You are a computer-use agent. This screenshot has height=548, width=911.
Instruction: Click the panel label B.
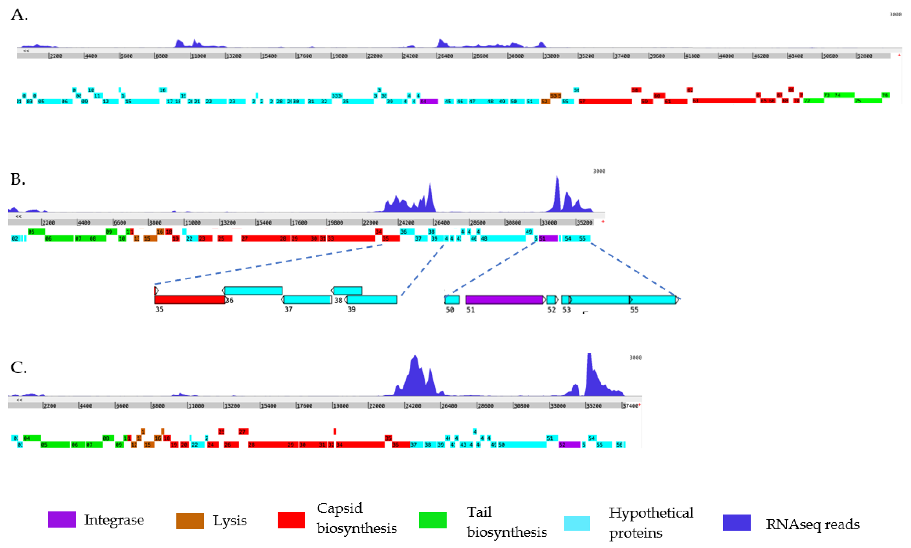tap(18, 179)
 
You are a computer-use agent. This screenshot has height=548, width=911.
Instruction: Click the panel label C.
tap(19, 367)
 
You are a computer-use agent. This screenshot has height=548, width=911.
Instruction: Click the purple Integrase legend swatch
tap(62, 519)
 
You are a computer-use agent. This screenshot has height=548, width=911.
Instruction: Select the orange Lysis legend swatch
tap(190, 521)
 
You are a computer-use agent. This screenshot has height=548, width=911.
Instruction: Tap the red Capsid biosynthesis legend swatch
tap(291, 520)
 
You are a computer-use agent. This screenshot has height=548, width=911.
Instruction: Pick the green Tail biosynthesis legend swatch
tap(432, 520)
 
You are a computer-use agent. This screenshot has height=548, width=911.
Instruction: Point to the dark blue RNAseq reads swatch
tap(736, 522)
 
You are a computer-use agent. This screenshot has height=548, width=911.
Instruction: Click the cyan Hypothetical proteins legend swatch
tap(576, 523)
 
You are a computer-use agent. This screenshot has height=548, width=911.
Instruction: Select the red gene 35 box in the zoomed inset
tap(189, 300)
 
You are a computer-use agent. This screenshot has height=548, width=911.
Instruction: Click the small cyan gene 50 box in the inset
tap(452, 300)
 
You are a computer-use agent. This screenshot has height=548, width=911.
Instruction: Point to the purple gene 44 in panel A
tap(429, 101)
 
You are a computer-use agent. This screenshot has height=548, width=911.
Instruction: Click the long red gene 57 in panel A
tap(605, 101)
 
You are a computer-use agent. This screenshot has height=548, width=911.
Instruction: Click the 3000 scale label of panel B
tap(599, 171)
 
